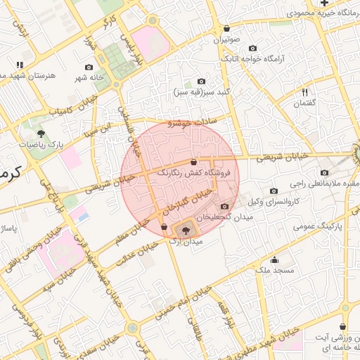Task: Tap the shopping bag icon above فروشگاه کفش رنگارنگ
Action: pyautogui.click(x=194, y=162)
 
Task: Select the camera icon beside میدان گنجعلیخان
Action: pyautogui.click(x=224, y=206)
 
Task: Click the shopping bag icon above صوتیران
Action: pyautogui.click(x=226, y=29)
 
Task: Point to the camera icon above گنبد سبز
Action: pyautogui.click(x=202, y=82)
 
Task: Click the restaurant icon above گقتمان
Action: pyautogui.click(x=304, y=92)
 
